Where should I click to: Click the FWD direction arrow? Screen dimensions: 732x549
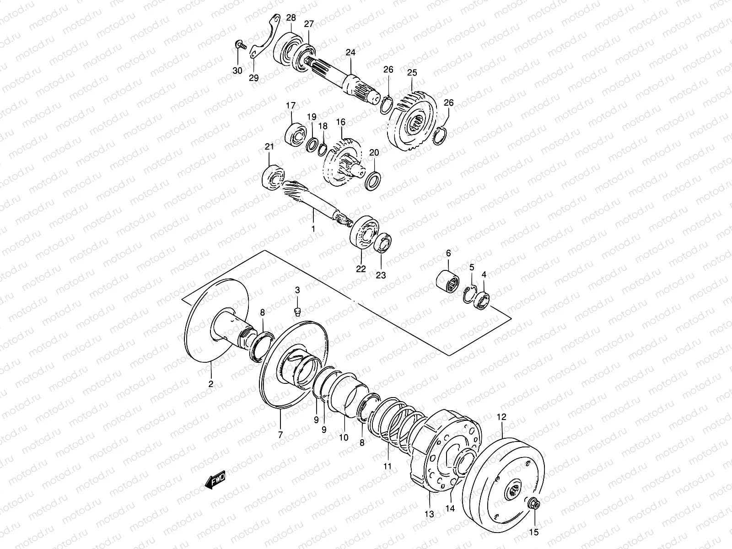coord(215,480)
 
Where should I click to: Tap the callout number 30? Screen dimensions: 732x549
coord(237,70)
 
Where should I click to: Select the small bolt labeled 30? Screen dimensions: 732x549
coord(240,44)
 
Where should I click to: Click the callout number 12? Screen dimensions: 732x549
coord(501,417)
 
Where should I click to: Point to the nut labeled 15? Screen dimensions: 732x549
coord(533,505)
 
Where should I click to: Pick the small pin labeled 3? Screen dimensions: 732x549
coord(297,312)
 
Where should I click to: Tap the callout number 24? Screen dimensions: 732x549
coord(350,52)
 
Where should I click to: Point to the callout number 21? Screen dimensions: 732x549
coord(269,147)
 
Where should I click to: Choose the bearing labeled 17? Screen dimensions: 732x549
coord(296,134)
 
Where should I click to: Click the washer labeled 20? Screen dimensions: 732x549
coord(373,181)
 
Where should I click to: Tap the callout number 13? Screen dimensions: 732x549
coord(430,514)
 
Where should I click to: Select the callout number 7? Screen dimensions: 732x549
coord(280,435)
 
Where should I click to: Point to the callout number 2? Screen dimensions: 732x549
coord(210,384)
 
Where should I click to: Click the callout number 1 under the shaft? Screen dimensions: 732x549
coord(313,229)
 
